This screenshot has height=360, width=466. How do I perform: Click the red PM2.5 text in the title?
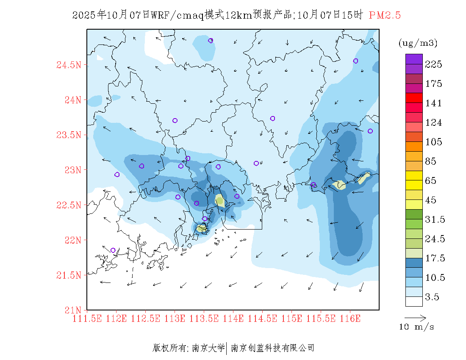[x=385, y=15]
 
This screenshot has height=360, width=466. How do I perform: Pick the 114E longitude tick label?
[x=233, y=318]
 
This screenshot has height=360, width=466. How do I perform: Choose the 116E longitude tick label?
[x=350, y=318]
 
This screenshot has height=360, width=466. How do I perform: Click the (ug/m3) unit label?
[x=418, y=43]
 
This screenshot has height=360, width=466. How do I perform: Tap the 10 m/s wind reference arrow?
[x=415, y=317]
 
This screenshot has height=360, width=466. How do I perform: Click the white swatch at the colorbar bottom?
[x=414, y=301]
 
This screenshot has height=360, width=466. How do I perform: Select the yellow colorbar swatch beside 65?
[x=414, y=175]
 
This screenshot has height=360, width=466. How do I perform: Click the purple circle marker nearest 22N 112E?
[x=113, y=250]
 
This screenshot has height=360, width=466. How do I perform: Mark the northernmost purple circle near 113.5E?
[x=211, y=41]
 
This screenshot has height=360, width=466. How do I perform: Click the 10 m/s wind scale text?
[x=417, y=327]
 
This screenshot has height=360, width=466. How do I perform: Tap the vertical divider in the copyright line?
[x=227, y=348]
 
